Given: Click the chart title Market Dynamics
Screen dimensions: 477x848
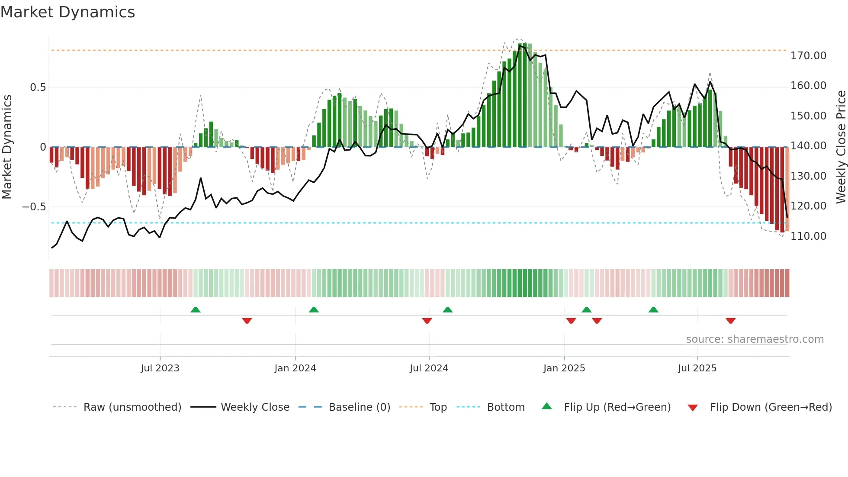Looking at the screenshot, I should click(67, 12).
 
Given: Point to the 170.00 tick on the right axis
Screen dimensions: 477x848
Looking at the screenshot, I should click(808, 56).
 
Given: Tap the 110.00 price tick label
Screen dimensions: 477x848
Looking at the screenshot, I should click(808, 236).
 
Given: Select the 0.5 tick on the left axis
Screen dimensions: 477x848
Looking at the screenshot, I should click(38, 87).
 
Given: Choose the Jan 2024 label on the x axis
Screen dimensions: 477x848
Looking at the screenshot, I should click(295, 368).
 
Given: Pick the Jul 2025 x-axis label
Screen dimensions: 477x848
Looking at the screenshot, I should click(697, 368).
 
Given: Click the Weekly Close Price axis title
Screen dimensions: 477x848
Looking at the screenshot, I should click(841, 147).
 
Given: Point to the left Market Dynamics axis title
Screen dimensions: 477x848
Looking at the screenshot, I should click(7, 147).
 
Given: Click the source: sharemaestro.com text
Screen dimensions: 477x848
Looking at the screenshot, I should click(755, 339).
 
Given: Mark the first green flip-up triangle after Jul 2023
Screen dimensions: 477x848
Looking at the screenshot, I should click(196, 310).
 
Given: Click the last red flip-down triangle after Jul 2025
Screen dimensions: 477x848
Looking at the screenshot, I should click(731, 321).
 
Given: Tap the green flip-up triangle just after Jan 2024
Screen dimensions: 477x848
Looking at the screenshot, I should click(314, 310).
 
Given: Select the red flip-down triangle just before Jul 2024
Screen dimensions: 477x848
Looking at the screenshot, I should click(427, 321).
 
